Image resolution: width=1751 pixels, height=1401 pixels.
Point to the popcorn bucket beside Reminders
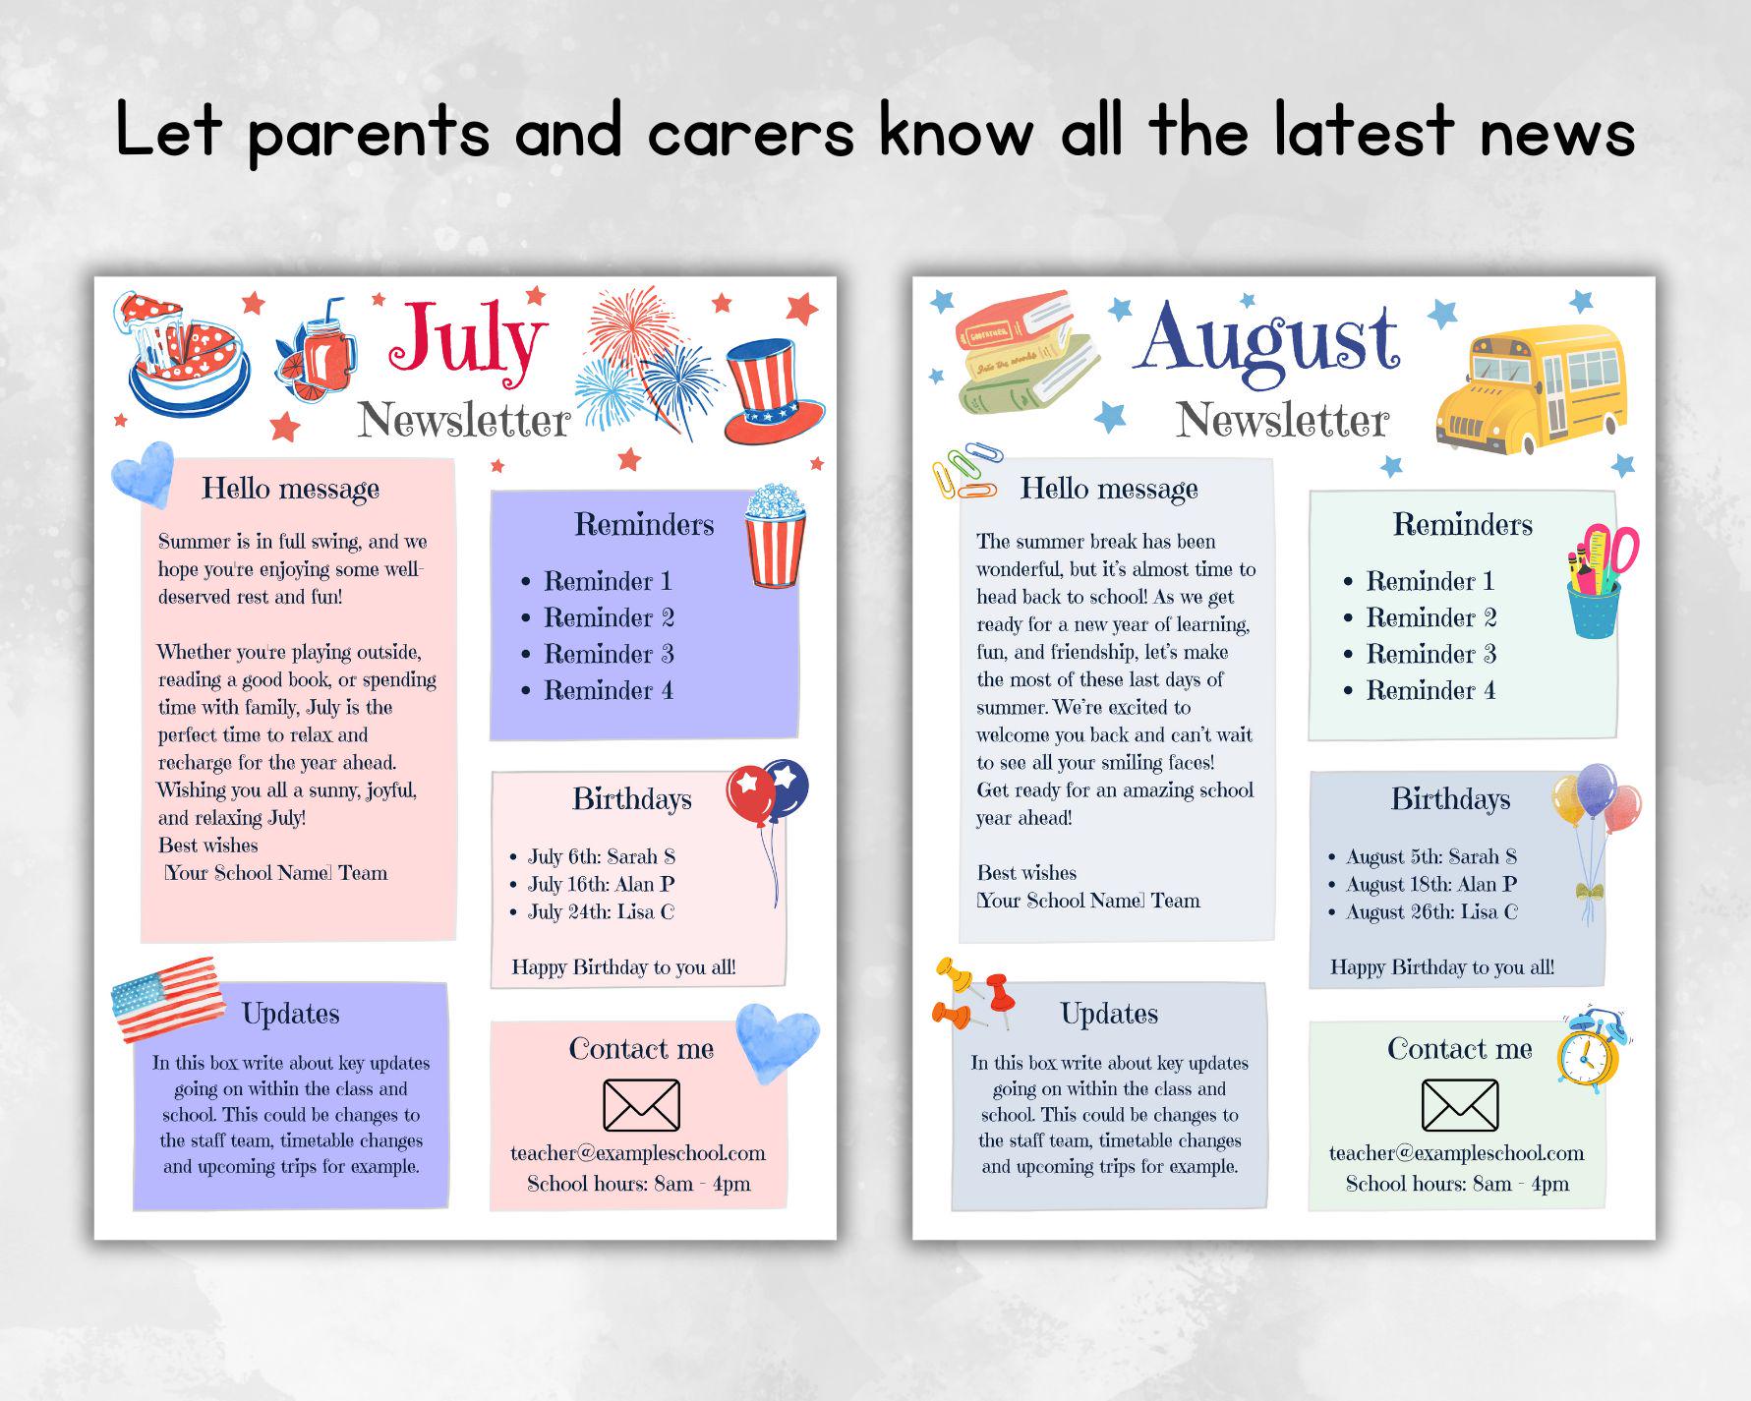(775, 536)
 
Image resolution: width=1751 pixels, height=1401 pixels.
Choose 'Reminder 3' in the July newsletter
(609, 654)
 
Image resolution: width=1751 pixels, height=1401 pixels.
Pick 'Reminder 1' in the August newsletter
(1430, 581)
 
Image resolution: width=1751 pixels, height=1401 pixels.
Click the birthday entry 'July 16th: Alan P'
(601, 884)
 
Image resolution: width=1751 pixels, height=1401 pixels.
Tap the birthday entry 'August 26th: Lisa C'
(1431, 911)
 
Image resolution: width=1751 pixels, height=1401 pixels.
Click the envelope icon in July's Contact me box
(641, 1105)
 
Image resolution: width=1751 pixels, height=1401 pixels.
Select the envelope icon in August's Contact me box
(1460, 1105)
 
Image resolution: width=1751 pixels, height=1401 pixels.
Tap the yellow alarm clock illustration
(1590, 1050)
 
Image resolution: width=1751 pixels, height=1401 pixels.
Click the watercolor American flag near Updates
(164, 999)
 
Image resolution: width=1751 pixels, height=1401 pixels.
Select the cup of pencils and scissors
(1599, 581)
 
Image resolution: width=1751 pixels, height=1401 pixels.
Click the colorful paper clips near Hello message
(963, 471)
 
